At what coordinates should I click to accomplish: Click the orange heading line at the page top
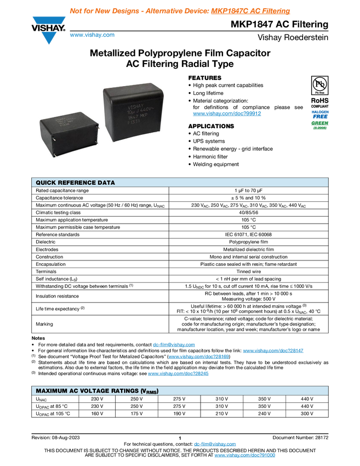[180, 11]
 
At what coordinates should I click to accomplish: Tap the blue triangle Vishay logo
[49, 38]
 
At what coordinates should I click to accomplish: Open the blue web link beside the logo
[92, 35]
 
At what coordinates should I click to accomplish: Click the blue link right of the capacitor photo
[227, 114]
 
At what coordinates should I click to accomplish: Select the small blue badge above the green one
[320, 113]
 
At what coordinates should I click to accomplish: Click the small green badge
[320, 125]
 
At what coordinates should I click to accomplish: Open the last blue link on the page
[244, 456]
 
